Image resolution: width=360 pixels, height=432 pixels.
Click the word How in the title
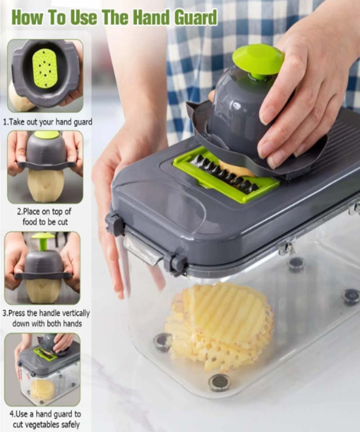[x=27, y=18]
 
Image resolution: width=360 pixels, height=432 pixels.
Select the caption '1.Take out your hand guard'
[x=47, y=122]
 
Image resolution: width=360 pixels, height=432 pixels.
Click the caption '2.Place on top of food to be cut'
[x=45, y=217]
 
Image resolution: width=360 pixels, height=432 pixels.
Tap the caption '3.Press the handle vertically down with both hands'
[x=46, y=318]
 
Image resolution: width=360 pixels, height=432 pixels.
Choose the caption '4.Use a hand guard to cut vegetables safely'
[x=45, y=419]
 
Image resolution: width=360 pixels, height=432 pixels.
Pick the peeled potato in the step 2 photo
[x=45, y=185]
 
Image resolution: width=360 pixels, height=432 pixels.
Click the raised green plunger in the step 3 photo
[x=43, y=242]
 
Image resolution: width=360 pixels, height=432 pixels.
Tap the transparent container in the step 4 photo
[x=50, y=384]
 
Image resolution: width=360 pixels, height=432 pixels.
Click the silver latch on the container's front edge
[x=143, y=251]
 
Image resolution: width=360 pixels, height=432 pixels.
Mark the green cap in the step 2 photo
[x=46, y=134]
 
